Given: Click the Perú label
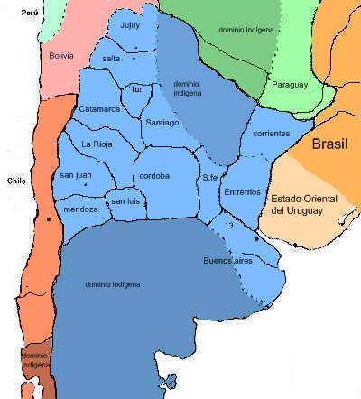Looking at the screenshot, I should click(32, 14).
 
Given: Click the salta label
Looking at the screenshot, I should click(112, 58).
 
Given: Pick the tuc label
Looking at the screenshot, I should click(137, 90).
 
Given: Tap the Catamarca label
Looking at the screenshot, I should click(99, 108).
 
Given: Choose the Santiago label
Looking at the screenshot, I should click(162, 122).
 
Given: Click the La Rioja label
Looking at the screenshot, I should click(97, 144).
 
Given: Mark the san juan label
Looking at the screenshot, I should click(77, 175).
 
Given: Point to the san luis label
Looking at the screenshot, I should click(126, 201).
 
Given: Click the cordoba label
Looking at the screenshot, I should click(155, 176).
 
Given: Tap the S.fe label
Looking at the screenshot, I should click(210, 177).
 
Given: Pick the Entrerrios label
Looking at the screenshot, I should click(242, 191).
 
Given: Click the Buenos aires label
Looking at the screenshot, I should click(228, 261).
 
